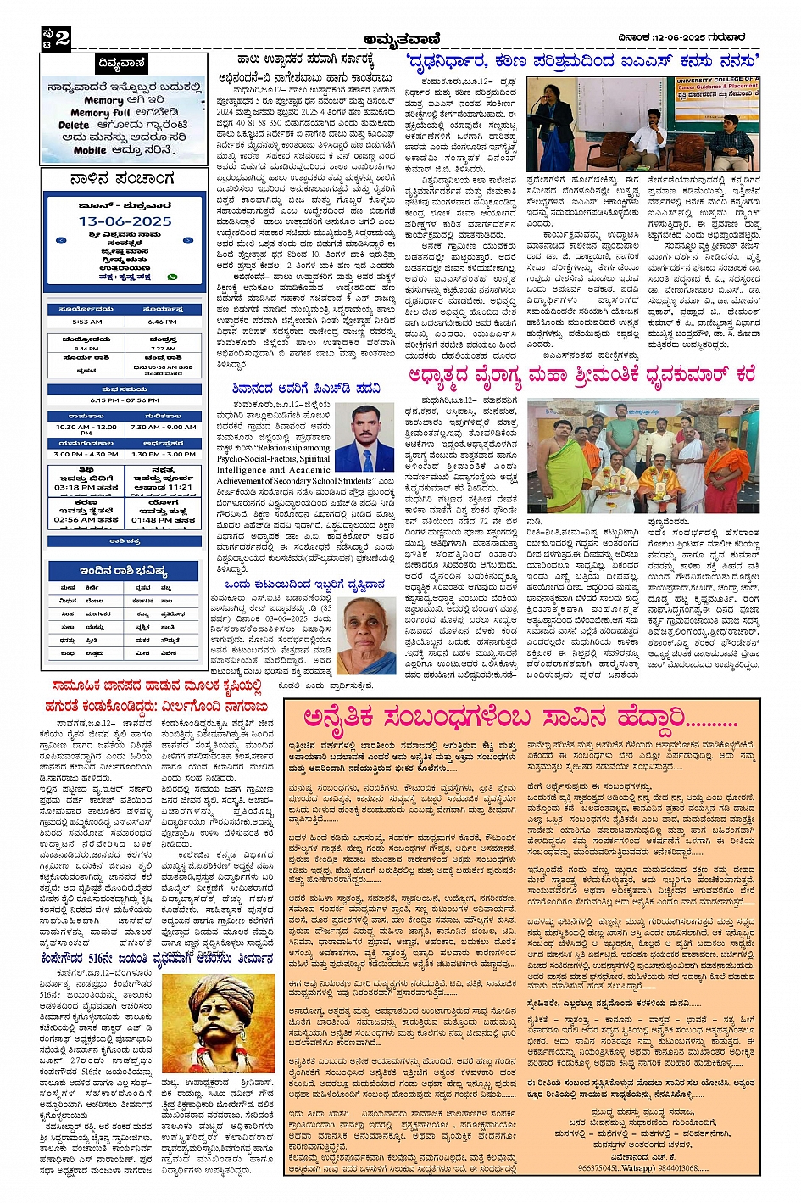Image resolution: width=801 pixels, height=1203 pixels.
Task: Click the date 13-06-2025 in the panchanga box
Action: (125, 221)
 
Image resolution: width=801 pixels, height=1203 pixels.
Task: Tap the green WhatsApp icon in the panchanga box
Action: (173, 277)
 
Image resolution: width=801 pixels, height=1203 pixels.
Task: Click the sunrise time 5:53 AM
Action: (86, 322)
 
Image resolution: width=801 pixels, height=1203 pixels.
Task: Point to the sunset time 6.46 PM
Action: (162, 322)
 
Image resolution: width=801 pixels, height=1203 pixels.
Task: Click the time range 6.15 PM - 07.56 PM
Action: (124, 400)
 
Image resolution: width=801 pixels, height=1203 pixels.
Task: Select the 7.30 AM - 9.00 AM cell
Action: (163, 428)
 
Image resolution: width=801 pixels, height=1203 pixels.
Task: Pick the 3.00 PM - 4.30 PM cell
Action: (86, 454)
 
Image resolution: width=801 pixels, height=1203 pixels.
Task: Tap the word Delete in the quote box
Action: (74, 125)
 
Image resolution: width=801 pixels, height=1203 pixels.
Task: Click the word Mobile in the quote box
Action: (90, 150)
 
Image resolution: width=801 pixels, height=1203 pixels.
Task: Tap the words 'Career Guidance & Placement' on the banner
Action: (717, 87)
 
